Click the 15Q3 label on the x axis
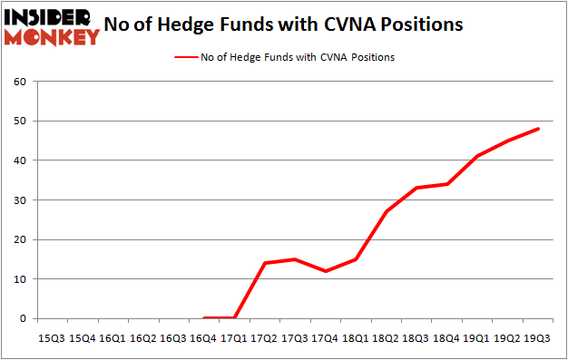pos(52,337)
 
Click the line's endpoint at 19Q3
pos(539,128)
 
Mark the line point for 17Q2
pos(264,263)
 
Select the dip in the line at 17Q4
pos(325,271)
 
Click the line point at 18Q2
pos(387,211)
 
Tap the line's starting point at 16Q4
pos(203,318)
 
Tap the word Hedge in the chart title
pos(204,24)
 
